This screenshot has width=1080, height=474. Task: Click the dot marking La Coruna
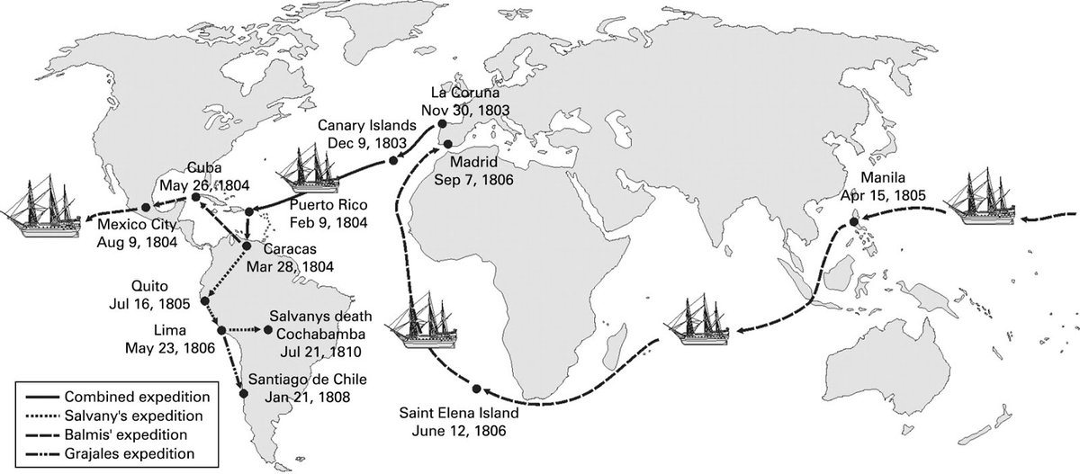pyautogui.click(x=442, y=127)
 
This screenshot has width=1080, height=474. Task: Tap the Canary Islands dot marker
pyautogui.click(x=393, y=162)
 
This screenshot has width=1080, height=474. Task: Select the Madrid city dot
pyautogui.click(x=447, y=143)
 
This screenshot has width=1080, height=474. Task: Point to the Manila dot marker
pyautogui.click(x=854, y=217)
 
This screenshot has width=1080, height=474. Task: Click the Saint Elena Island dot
pyautogui.click(x=476, y=389)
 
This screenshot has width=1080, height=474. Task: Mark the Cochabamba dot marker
pyautogui.click(x=268, y=331)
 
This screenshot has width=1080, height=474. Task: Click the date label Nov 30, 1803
pyautogui.click(x=469, y=109)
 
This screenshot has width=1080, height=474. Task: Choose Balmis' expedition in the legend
pyautogui.click(x=121, y=433)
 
